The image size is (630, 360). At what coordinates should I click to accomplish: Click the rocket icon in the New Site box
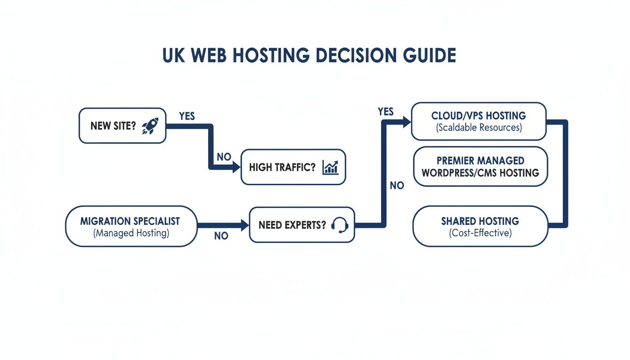[150, 126]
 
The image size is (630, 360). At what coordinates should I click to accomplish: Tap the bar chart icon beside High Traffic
[330, 167]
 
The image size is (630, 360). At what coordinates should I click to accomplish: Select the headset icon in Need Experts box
[340, 225]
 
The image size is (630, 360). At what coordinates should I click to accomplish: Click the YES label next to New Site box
[187, 116]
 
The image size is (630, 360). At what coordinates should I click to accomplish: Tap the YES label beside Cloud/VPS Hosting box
[386, 112]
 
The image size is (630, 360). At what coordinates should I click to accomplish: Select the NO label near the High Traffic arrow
[224, 157]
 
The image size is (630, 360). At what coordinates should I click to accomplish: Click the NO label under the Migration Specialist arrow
[221, 236]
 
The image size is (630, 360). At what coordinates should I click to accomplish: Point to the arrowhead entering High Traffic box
[236, 168]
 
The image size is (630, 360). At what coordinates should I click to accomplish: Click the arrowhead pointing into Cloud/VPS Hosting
[406, 122]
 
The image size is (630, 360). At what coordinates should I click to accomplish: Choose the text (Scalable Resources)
[479, 127]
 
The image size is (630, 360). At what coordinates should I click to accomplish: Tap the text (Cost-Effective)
[480, 233]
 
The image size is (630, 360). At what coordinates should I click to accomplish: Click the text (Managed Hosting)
[131, 233]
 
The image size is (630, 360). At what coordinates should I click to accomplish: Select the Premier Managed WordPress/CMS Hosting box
[480, 167]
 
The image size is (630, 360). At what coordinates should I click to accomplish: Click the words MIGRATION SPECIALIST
[130, 221]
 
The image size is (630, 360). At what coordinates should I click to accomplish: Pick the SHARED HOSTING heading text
[480, 221]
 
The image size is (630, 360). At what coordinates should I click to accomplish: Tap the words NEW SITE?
[113, 126]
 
